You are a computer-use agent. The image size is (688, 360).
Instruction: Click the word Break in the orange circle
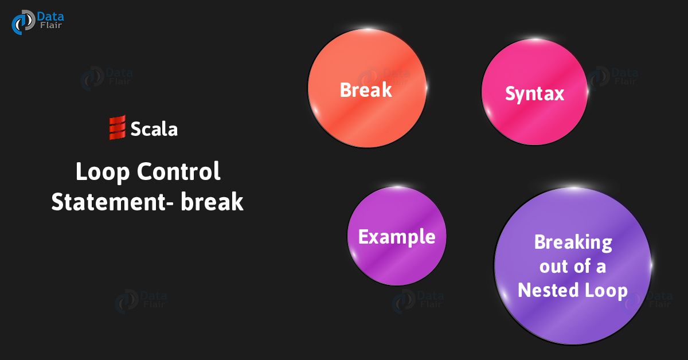click(x=366, y=90)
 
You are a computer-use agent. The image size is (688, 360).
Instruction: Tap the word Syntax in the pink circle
click(x=534, y=93)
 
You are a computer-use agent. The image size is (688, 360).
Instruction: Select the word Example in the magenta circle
click(x=397, y=236)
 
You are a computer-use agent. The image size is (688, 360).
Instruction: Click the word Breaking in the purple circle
click(x=573, y=242)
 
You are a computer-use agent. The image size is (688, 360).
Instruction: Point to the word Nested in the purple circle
click(x=546, y=290)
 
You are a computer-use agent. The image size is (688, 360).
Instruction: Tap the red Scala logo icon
click(x=117, y=128)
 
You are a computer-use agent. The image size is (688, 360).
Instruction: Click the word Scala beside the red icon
click(x=154, y=129)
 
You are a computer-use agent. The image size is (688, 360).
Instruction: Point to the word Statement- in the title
click(x=112, y=202)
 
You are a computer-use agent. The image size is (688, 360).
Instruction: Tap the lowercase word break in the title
click(x=212, y=202)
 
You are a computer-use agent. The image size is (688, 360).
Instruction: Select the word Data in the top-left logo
click(x=50, y=17)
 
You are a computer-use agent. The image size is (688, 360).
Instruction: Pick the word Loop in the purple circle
click(x=606, y=290)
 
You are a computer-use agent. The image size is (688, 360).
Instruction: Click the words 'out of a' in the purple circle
click(x=572, y=267)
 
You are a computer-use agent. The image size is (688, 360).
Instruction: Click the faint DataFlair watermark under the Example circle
click(x=417, y=301)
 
